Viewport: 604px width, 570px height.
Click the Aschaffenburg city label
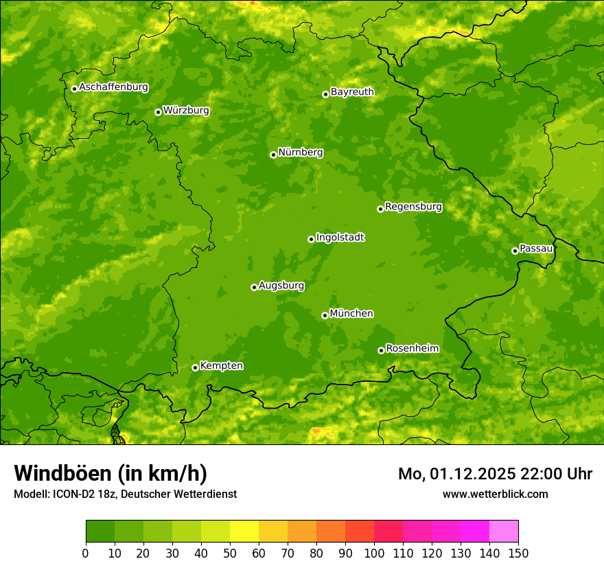tap(113, 87)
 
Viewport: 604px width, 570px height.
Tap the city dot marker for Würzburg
tap(158, 112)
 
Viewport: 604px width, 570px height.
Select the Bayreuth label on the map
tap(352, 92)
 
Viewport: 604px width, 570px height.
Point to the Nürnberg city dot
tap(273, 155)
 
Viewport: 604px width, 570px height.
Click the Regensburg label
tap(413, 207)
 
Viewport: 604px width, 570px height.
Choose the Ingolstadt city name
tap(340, 238)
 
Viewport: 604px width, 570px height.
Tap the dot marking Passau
tap(515, 251)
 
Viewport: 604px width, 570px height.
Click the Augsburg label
tap(281, 286)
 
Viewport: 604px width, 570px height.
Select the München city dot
tap(325, 315)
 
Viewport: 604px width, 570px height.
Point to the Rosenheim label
tap(412, 349)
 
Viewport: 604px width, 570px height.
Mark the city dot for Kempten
tap(195, 367)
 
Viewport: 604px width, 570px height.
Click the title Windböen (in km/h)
tap(111, 473)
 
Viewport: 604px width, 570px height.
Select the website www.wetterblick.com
tap(495, 494)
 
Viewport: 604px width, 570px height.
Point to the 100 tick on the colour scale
tap(374, 553)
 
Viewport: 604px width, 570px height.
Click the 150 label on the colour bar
tap(518, 553)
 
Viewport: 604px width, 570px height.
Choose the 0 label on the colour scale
tap(86, 553)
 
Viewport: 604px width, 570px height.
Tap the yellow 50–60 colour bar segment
tap(244, 532)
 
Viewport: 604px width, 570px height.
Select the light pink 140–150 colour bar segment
tap(504, 532)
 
